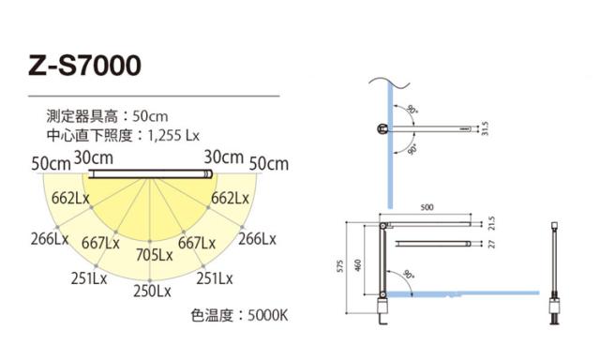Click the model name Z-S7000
tap(85, 65)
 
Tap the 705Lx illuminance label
tap(154, 255)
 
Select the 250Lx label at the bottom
tap(152, 292)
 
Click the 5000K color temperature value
tap(267, 316)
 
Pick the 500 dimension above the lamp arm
tap(427, 207)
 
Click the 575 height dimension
tap(340, 266)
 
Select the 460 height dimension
tap(358, 265)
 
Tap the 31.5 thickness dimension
tap(485, 128)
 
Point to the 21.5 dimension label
tap(491, 223)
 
